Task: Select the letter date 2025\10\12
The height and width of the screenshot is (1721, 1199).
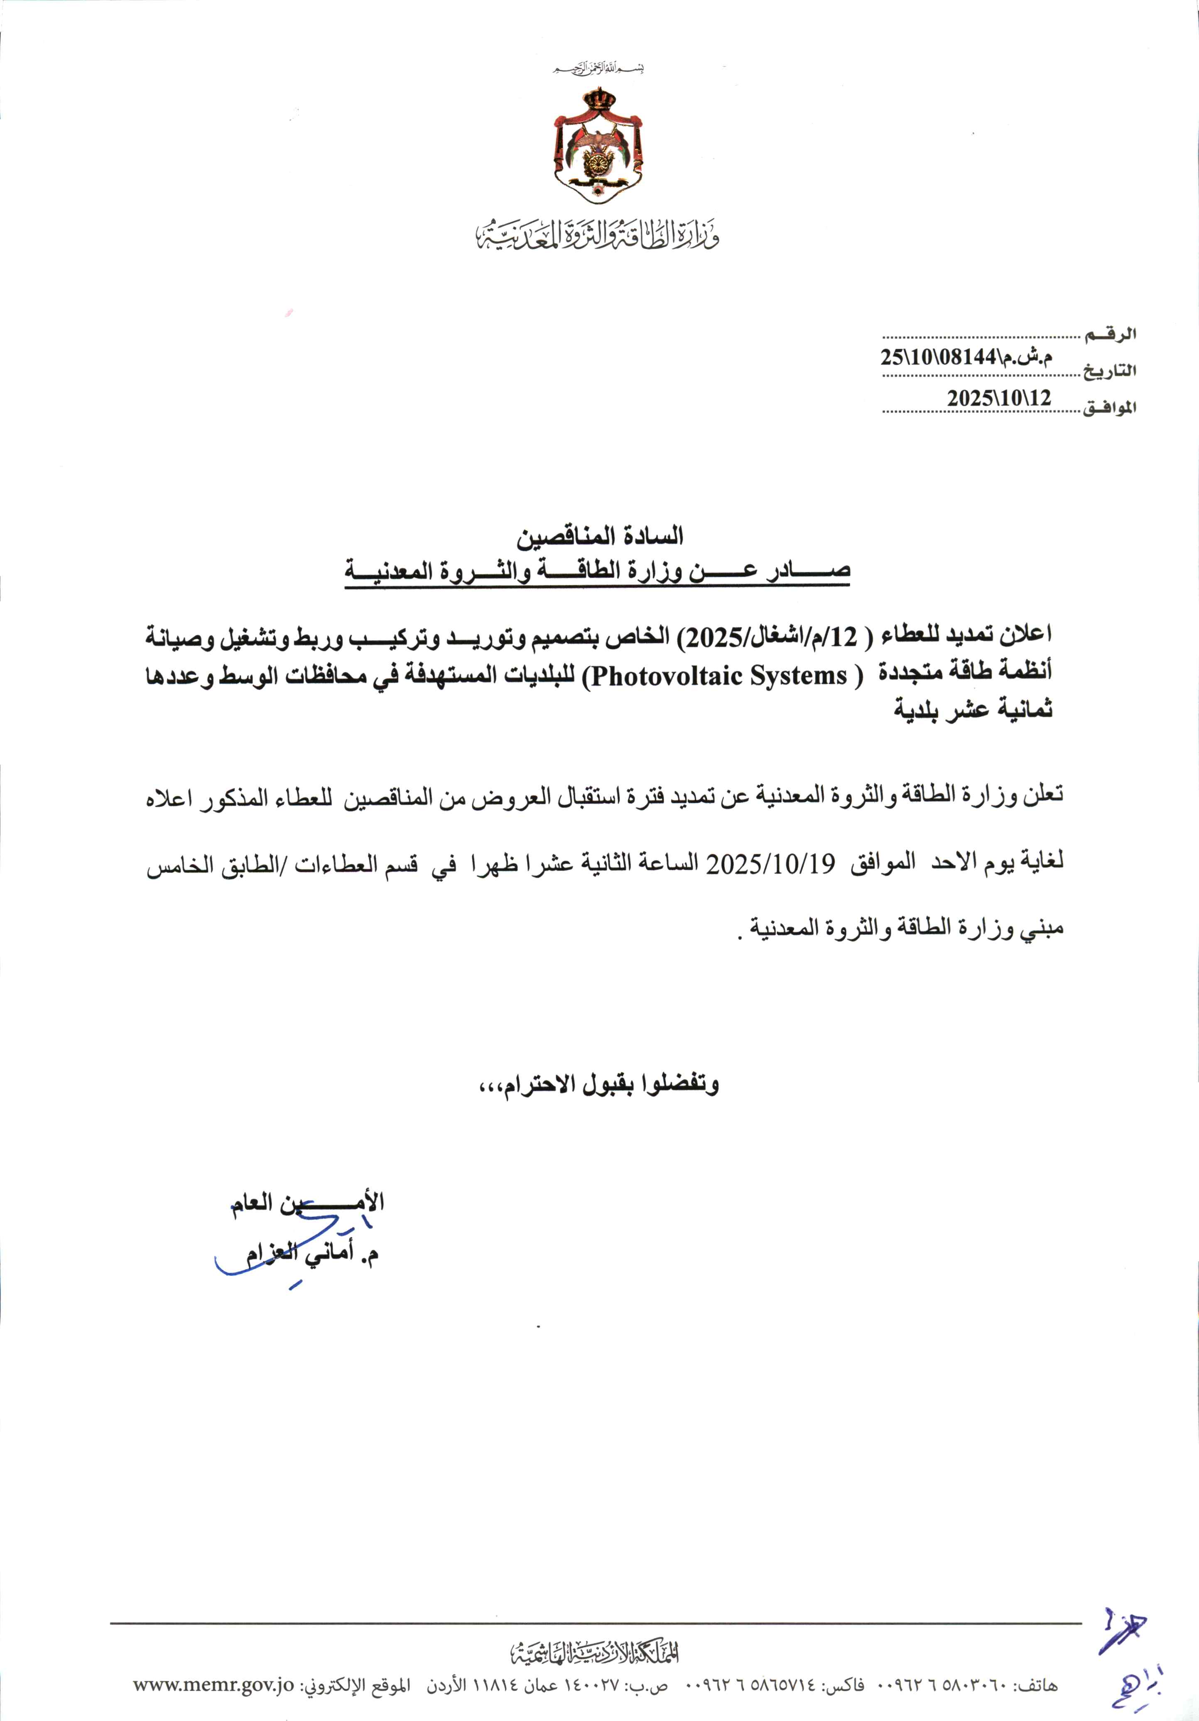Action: (x=999, y=398)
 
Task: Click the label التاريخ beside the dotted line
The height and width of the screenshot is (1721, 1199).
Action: (x=1109, y=370)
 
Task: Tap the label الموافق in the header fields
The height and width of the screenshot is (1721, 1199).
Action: (x=1109, y=407)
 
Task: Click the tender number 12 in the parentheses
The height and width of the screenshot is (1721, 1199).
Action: (x=844, y=637)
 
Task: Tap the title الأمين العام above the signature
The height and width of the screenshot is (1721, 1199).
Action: (x=307, y=1202)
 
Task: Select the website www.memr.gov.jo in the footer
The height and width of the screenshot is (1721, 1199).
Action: (x=213, y=1685)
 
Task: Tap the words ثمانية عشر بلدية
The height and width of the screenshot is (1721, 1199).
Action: (x=973, y=709)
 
